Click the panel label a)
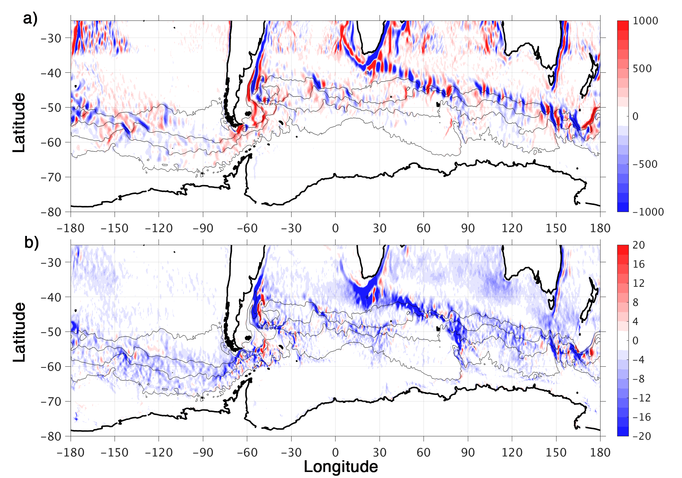pos(30,18)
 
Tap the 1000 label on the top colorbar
pos(646,21)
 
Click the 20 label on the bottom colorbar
pos(639,245)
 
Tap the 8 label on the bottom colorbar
pos(636,303)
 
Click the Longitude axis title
pos(341,467)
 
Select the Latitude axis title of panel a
pos(19,123)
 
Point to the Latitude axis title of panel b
pos(19,332)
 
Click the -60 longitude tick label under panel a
pos(247,228)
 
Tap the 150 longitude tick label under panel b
pos(556,452)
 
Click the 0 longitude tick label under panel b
pos(336,452)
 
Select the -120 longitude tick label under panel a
pos(159,228)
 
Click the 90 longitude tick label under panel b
pos(468,452)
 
